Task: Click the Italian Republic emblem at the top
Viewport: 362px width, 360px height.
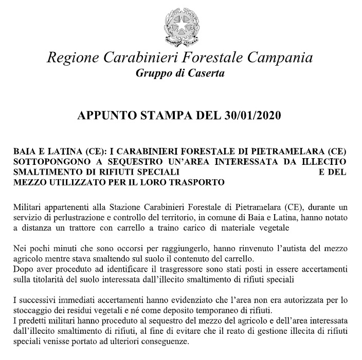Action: click(180, 24)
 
